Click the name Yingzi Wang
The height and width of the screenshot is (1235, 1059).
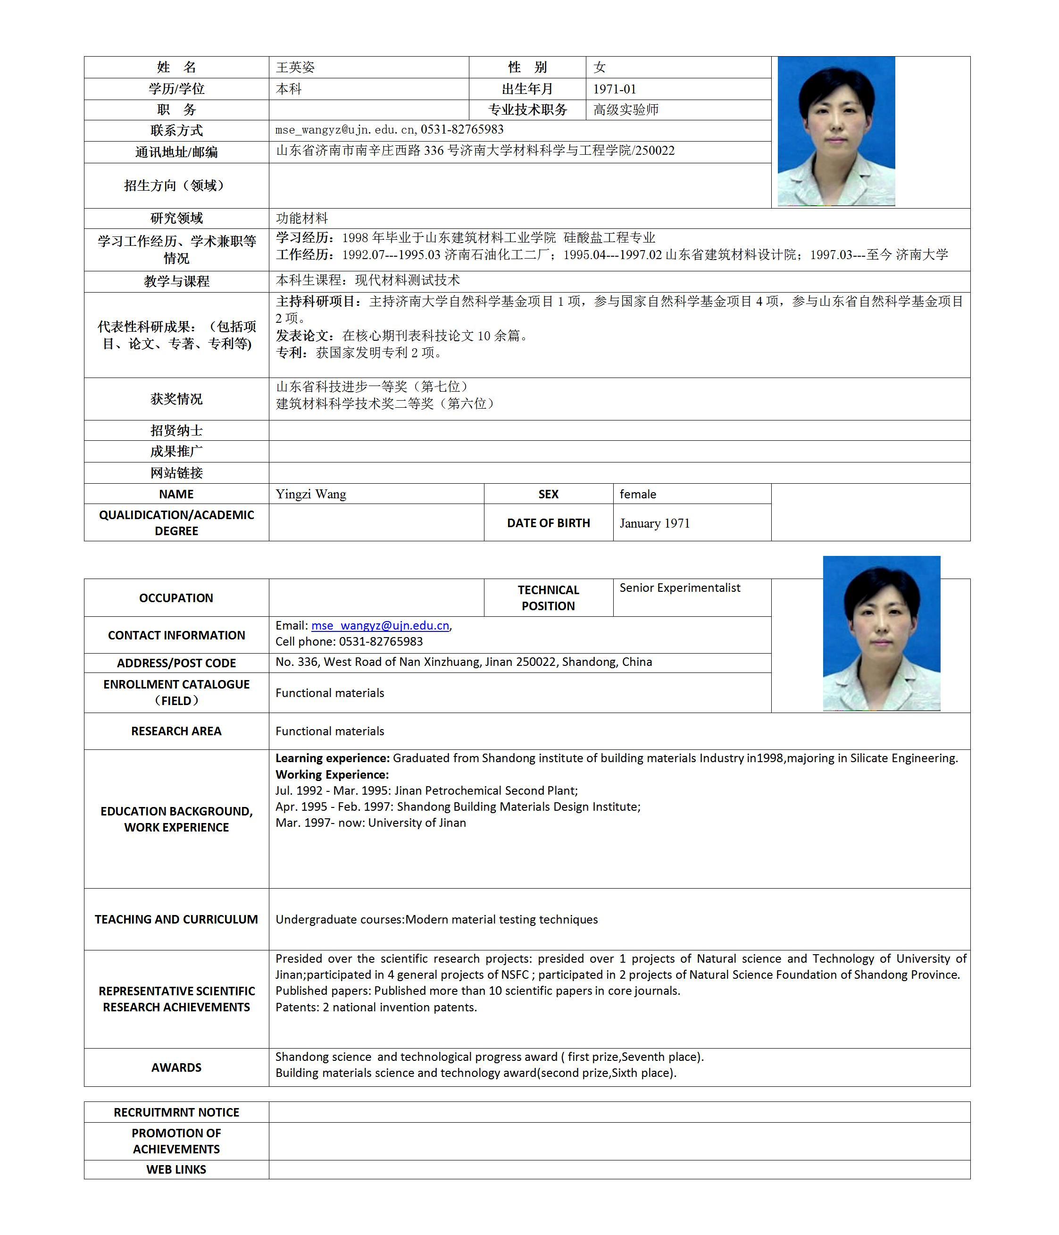(x=310, y=494)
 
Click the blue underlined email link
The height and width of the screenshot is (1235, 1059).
(x=380, y=625)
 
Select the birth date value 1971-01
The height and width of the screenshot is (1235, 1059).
(x=615, y=89)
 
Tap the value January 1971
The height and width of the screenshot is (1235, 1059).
(x=654, y=523)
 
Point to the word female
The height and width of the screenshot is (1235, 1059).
(x=638, y=494)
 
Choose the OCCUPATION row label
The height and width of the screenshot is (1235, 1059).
(x=176, y=598)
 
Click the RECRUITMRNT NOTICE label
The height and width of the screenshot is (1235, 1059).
(x=176, y=1112)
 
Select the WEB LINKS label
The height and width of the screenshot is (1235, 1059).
(x=176, y=1169)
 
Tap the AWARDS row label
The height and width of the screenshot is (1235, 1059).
(x=176, y=1067)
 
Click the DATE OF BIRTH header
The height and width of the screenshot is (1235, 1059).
(x=548, y=523)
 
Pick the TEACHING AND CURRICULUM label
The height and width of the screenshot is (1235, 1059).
(x=176, y=919)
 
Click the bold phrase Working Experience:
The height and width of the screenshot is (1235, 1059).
(x=332, y=774)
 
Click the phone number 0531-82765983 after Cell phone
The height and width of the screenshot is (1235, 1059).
(x=381, y=641)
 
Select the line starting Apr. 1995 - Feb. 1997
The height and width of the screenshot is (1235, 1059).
(x=458, y=807)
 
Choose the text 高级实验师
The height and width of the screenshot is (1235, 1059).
(x=626, y=109)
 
